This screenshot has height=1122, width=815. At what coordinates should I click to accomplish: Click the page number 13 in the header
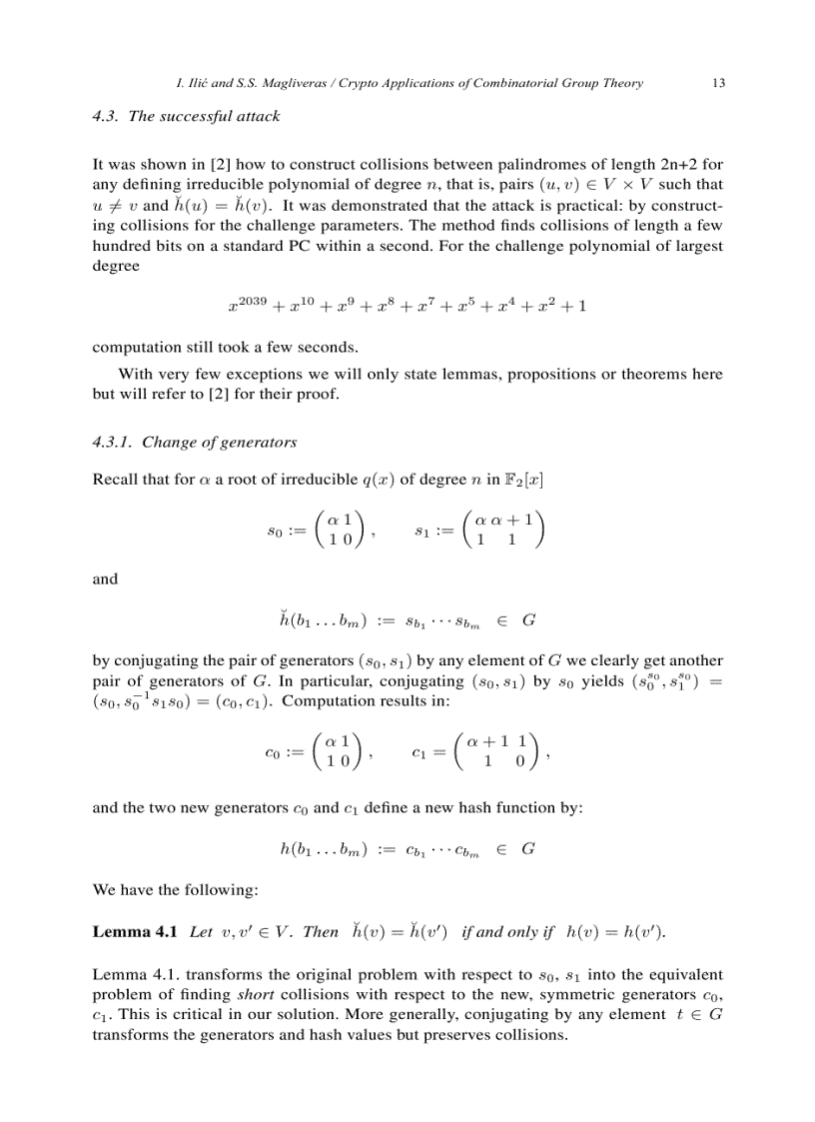pos(718,83)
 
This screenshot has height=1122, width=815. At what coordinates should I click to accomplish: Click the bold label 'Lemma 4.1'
pos(135,932)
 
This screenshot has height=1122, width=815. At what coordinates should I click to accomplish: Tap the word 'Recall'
pos(115,480)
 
